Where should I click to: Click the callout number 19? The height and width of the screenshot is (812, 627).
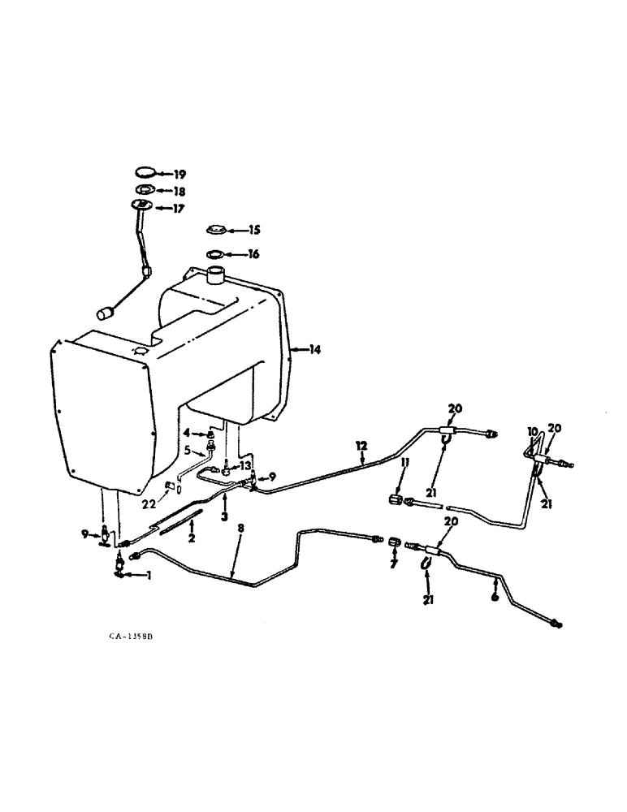pos(179,174)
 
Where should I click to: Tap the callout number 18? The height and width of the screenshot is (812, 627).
pos(179,192)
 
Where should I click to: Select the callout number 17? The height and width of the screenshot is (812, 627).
pos(179,209)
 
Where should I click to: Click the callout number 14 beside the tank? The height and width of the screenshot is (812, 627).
pos(314,350)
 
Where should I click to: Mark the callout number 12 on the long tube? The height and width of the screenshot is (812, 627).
pos(361,444)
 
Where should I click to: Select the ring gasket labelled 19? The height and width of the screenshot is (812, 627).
pos(142,173)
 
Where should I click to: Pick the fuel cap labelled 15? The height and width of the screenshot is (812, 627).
pos(216,230)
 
